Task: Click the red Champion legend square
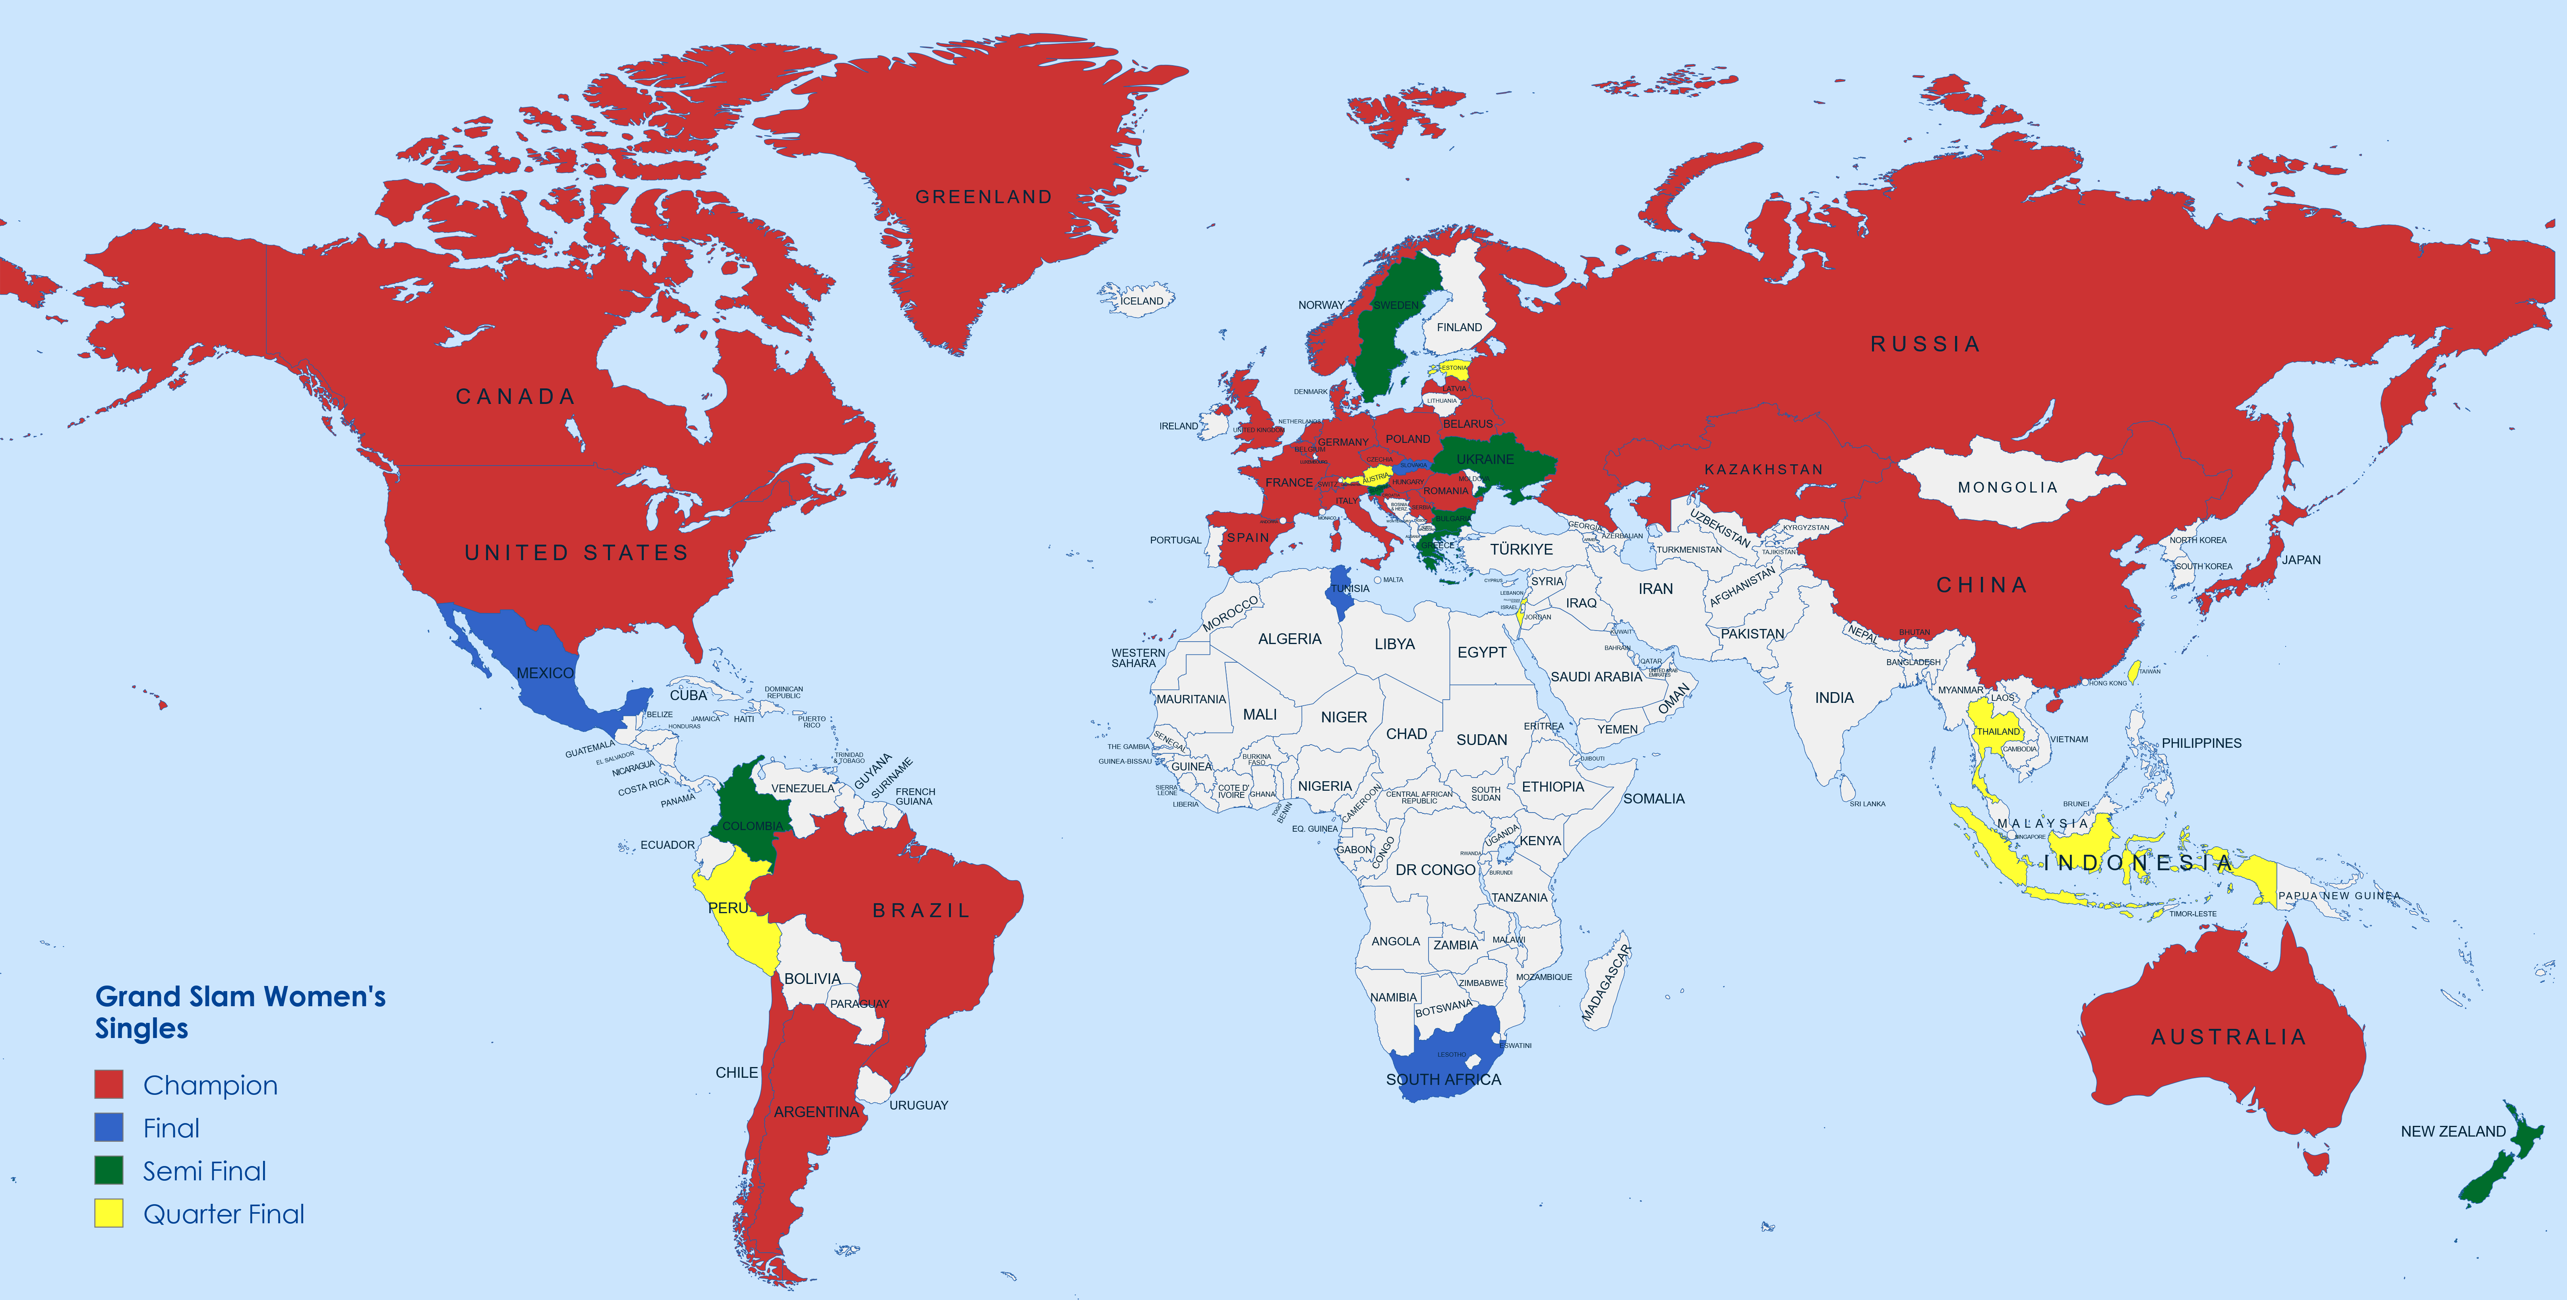108,1085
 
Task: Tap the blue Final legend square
108,1127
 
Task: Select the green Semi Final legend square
108,1170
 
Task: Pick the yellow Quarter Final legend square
108,1213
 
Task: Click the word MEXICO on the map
545,673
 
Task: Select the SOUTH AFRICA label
1443,1080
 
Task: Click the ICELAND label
1142,301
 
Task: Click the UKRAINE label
1485,460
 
